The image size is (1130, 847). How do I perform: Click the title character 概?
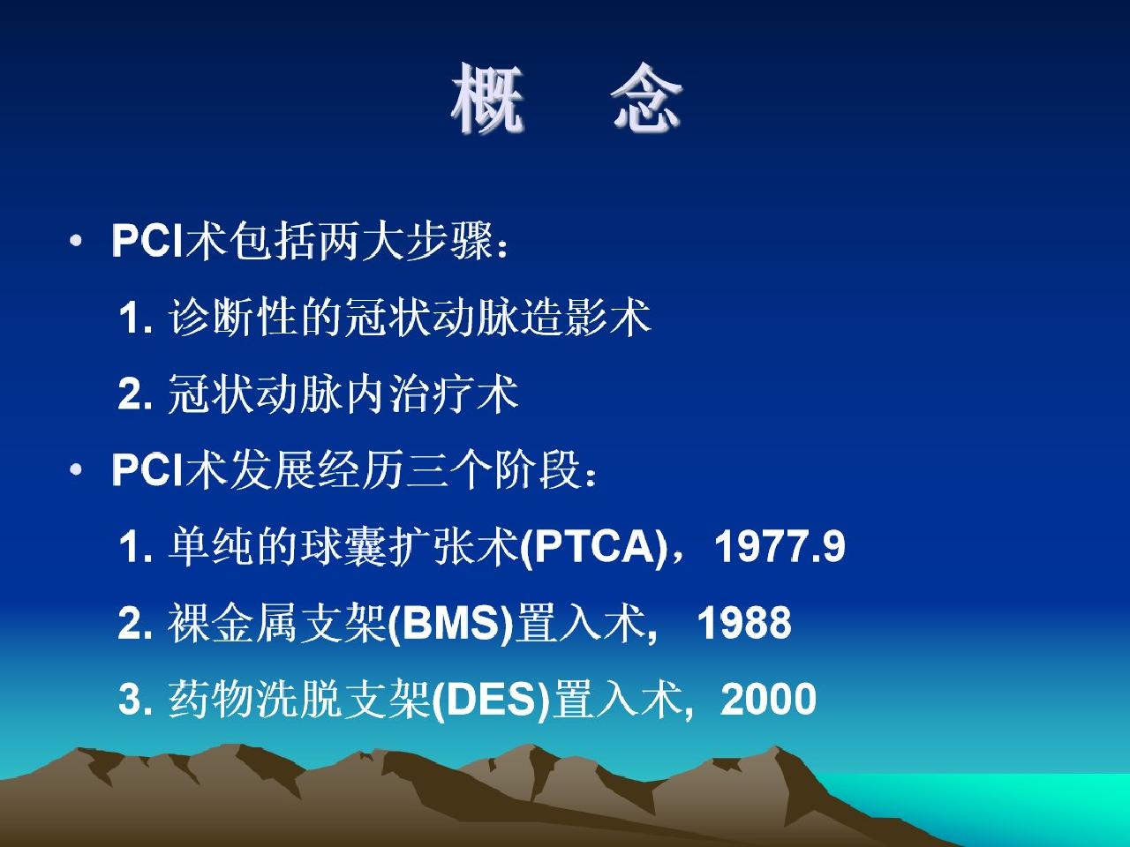click(x=487, y=98)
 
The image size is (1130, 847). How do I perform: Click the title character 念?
click(x=646, y=98)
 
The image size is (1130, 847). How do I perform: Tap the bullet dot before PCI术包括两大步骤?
click(x=76, y=241)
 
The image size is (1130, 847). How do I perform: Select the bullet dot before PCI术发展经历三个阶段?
click(x=76, y=469)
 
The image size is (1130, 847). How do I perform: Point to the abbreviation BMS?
click(x=451, y=622)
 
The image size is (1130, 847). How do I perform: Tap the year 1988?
click(x=744, y=622)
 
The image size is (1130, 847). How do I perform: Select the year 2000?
click(x=769, y=699)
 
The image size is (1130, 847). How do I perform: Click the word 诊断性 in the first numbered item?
click(x=233, y=318)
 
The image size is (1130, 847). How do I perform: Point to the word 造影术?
click(x=586, y=318)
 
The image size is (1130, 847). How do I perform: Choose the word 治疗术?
click(x=453, y=394)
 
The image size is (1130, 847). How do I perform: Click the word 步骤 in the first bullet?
click(x=449, y=241)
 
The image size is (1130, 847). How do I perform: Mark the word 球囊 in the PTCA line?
click(x=343, y=546)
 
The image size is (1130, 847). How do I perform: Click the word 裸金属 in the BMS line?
click(x=233, y=623)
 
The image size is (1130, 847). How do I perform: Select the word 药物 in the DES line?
click(x=211, y=700)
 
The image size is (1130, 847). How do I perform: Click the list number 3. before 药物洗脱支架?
click(x=135, y=700)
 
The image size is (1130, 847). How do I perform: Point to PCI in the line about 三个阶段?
click(x=147, y=469)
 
